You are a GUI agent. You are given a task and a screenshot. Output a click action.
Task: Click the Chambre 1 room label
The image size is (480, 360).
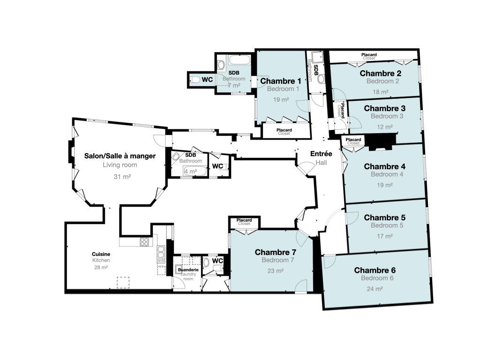click(x=280, y=81)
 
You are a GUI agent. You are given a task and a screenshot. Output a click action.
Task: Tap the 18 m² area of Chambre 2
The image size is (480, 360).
click(x=381, y=92)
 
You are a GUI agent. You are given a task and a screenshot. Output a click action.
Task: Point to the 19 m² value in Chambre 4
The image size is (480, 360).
click(x=385, y=185)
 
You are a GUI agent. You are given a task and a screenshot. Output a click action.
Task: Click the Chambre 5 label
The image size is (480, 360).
click(x=384, y=217)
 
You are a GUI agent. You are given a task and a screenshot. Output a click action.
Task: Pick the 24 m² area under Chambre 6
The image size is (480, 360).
click(x=375, y=289)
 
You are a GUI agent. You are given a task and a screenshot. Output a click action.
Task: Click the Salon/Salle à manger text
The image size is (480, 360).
click(x=120, y=156)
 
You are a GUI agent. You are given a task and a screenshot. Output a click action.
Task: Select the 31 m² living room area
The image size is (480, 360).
click(x=122, y=177)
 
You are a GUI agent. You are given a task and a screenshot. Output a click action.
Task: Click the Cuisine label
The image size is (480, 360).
click(x=101, y=254)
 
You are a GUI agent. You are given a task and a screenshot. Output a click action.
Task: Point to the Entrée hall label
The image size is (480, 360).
click(x=321, y=154)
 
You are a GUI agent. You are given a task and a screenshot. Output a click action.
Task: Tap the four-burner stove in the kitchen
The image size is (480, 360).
click(x=144, y=242)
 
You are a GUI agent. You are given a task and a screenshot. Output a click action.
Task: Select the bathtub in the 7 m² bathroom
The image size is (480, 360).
click(x=240, y=60)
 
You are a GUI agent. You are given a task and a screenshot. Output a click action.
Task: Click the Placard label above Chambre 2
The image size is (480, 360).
click(x=369, y=55)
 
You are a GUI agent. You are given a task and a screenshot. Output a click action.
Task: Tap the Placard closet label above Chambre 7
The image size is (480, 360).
click(x=244, y=220)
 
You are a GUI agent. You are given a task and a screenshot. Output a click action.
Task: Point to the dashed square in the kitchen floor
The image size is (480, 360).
click(x=123, y=282)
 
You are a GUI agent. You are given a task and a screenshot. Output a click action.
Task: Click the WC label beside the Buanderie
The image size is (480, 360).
click(x=217, y=261)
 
